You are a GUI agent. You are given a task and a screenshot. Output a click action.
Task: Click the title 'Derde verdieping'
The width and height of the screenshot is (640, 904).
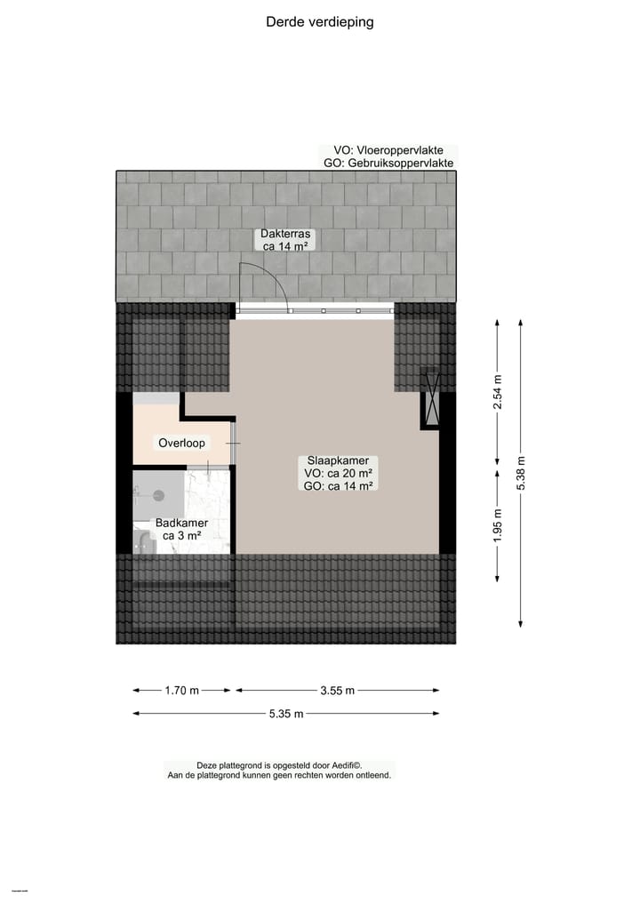[x=320, y=22]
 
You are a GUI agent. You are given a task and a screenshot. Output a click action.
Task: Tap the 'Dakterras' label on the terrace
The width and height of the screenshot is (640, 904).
[x=284, y=234]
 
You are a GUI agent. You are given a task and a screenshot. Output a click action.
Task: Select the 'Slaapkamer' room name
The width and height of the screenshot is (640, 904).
[x=338, y=460]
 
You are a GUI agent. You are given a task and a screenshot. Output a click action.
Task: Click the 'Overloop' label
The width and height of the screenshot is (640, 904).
[x=181, y=443]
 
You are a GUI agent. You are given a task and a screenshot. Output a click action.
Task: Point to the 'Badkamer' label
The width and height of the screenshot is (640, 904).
[x=181, y=524]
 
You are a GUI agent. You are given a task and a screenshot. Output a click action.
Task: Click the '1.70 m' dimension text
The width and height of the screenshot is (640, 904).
[x=181, y=690]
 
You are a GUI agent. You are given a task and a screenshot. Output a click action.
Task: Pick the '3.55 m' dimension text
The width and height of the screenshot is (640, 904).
[x=338, y=690]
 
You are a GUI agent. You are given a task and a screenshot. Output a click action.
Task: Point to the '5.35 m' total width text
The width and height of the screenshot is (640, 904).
[x=286, y=713]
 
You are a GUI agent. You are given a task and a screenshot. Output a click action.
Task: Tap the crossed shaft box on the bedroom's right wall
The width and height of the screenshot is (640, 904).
[x=430, y=398]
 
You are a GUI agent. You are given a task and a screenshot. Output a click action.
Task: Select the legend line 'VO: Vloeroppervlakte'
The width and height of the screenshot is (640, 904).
[x=388, y=150]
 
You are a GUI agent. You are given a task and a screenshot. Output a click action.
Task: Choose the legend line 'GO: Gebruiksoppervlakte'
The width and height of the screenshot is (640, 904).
[x=388, y=164]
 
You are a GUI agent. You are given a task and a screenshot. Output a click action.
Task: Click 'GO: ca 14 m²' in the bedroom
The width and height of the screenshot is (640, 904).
[x=338, y=485]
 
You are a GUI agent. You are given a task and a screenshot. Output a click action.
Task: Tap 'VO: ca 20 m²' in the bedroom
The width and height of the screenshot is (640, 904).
[x=338, y=473]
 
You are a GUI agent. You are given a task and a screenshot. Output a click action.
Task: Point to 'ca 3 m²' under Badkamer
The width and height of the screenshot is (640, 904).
[x=181, y=536]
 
